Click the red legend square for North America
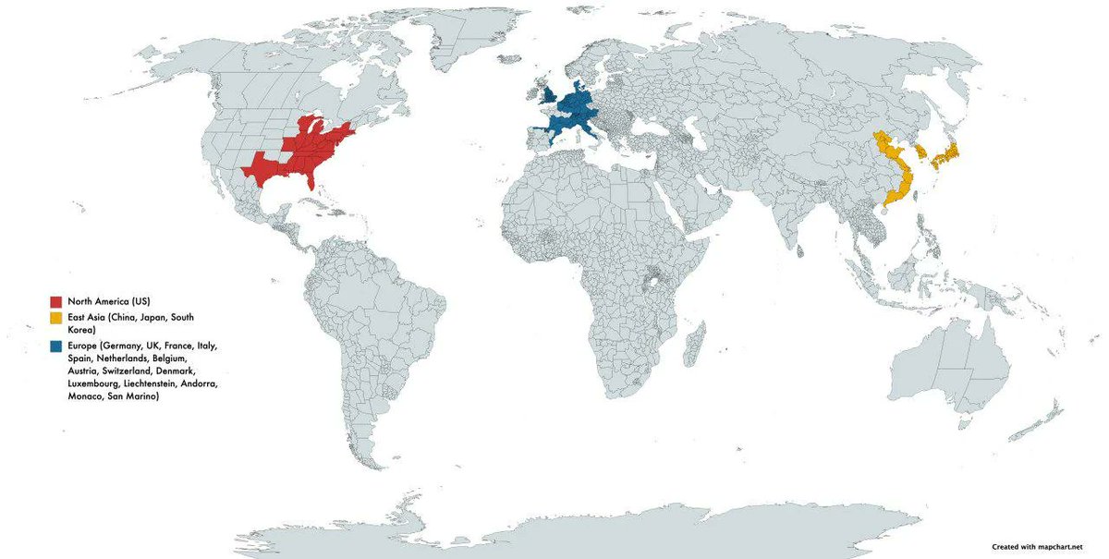56,302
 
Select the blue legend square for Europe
56,346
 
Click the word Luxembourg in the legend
96,383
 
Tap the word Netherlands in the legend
123,358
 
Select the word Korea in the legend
82,330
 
